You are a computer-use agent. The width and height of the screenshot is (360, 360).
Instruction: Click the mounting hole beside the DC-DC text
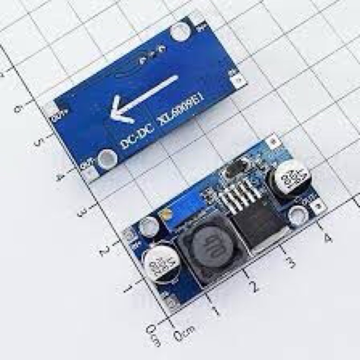point(107,158)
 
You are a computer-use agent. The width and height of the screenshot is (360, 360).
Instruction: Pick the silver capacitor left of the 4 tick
point(288,180)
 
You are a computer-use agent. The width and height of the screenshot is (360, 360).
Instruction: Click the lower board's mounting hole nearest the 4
point(297,215)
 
